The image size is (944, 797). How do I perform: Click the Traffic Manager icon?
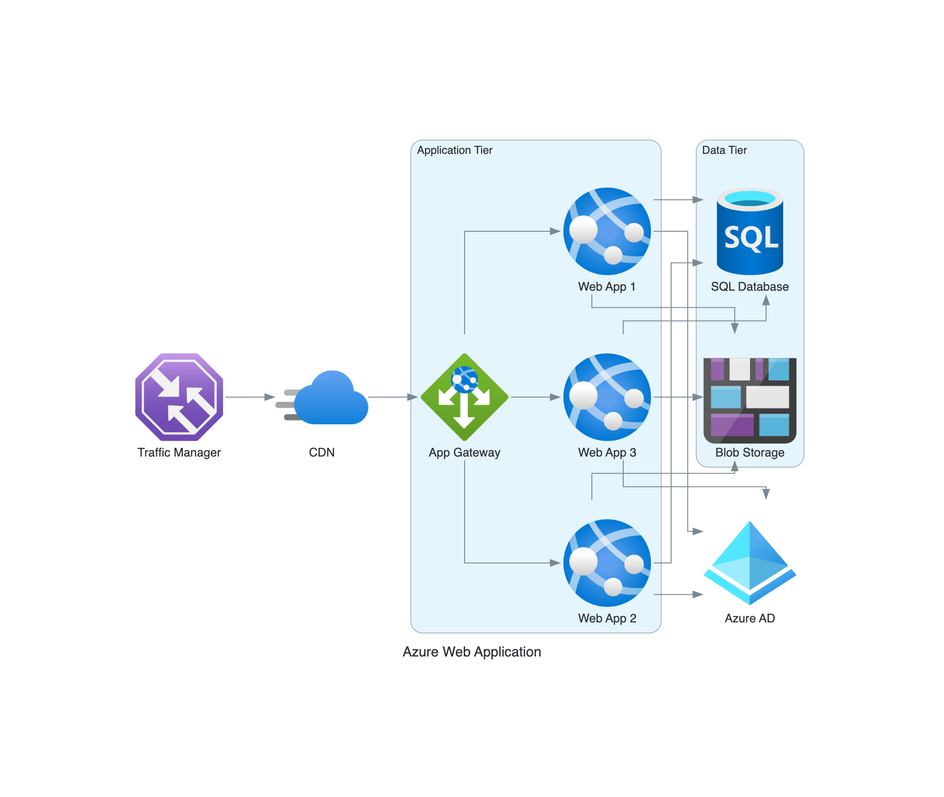pos(179,397)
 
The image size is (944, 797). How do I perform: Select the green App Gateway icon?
pos(464,397)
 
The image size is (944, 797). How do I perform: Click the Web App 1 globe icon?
pos(607,231)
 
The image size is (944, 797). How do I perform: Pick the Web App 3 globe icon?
pos(607,397)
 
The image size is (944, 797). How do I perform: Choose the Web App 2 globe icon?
pos(607,563)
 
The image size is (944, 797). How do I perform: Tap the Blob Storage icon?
pos(749,399)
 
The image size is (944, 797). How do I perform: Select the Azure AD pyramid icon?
pos(749,563)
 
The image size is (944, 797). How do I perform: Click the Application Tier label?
pos(454,150)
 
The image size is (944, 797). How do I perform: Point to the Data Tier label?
pos(724,150)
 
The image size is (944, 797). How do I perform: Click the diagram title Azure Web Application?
pos(472,651)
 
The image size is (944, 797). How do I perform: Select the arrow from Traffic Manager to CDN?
pos(249,397)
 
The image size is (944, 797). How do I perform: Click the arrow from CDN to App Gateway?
pos(392,397)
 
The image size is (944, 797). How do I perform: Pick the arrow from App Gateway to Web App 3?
pos(535,397)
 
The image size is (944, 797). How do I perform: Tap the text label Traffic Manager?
pos(179,452)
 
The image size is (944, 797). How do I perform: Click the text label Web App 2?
pos(607,618)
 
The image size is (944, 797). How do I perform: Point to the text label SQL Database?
pos(749,287)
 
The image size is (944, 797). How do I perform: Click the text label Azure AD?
pos(749,618)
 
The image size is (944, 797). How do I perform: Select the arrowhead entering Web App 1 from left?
pos(555,231)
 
